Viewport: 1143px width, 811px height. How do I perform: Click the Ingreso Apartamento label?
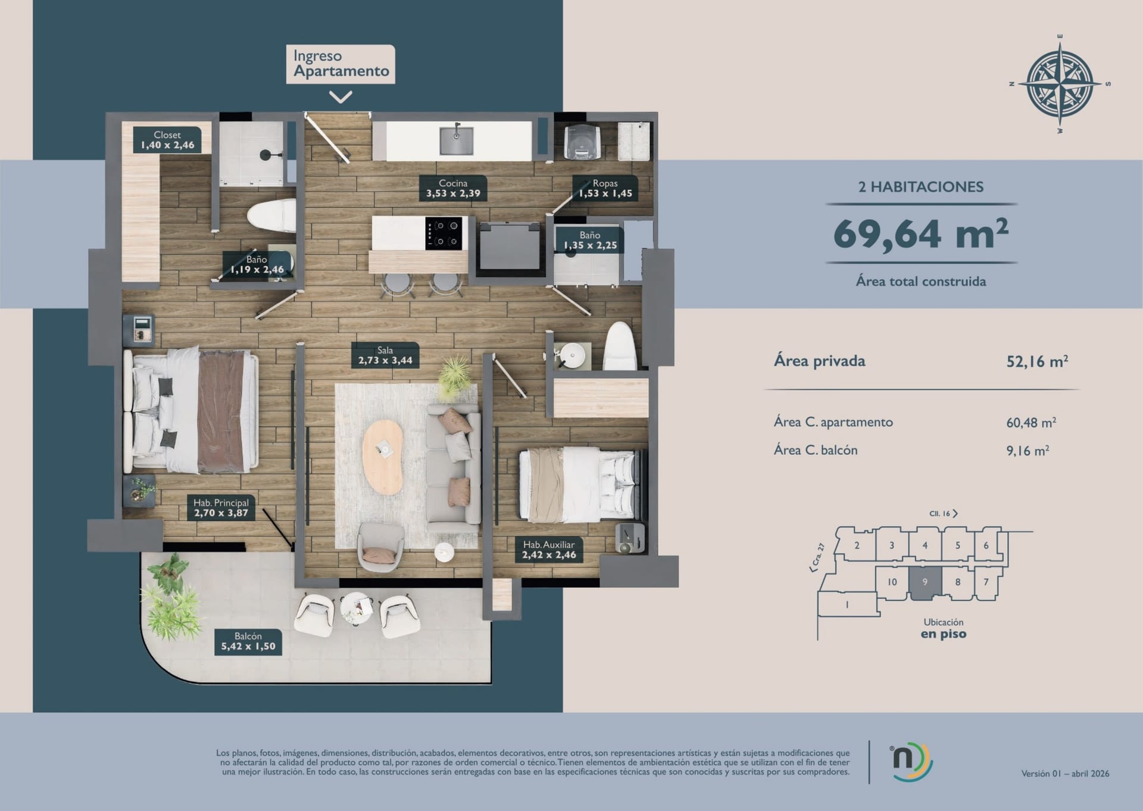coord(341,64)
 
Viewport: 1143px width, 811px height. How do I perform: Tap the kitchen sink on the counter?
coord(457,140)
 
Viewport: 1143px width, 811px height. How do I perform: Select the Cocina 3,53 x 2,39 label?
coord(453,188)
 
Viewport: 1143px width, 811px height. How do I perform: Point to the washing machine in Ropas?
coord(582,142)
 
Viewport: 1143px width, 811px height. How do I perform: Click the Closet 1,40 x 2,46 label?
coord(167,140)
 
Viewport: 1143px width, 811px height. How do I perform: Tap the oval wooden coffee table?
coord(383,457)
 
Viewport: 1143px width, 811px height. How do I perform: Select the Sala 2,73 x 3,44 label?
coord(385,355)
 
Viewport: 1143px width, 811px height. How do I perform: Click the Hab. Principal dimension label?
coord(221,508)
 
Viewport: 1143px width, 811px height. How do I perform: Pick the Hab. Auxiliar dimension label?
coord(549,550)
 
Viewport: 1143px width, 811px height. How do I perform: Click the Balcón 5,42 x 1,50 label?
coord(248,641)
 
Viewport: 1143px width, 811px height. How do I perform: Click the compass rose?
coord(1060,84)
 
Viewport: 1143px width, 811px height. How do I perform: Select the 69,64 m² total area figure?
coord(921,233)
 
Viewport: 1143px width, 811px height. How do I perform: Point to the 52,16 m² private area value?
coord(1037,361)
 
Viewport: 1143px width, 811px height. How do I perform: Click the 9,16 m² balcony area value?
coord(1028,451)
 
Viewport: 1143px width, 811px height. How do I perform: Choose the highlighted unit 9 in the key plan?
coord(925,583)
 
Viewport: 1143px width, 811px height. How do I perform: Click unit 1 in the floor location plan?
coord(847,605)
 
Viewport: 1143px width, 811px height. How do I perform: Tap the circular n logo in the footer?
coord(911,762)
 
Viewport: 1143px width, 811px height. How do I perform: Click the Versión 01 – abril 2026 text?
coord(1065,773)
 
